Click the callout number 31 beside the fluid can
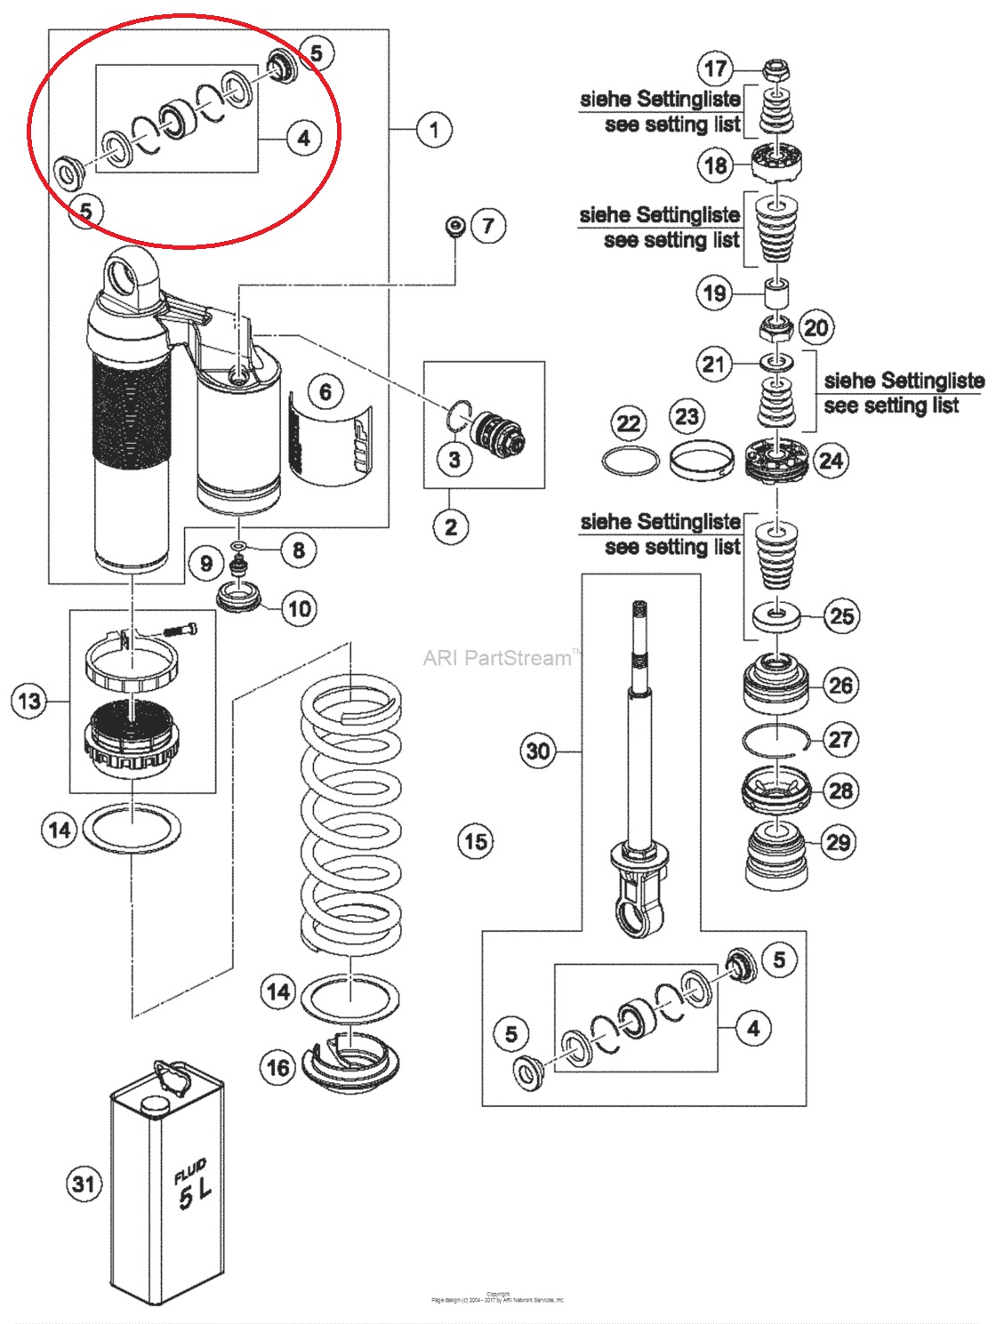84,1184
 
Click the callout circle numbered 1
434,130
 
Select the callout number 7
488,226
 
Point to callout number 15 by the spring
476,841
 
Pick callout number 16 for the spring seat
278,1066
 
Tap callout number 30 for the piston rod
538,751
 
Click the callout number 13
29,702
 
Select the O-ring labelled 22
630,461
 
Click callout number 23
687,416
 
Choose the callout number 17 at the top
716,68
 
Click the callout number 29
839,842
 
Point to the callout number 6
325,391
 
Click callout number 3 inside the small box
454,459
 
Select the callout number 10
300,609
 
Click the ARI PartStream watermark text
498,658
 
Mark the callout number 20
815,328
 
